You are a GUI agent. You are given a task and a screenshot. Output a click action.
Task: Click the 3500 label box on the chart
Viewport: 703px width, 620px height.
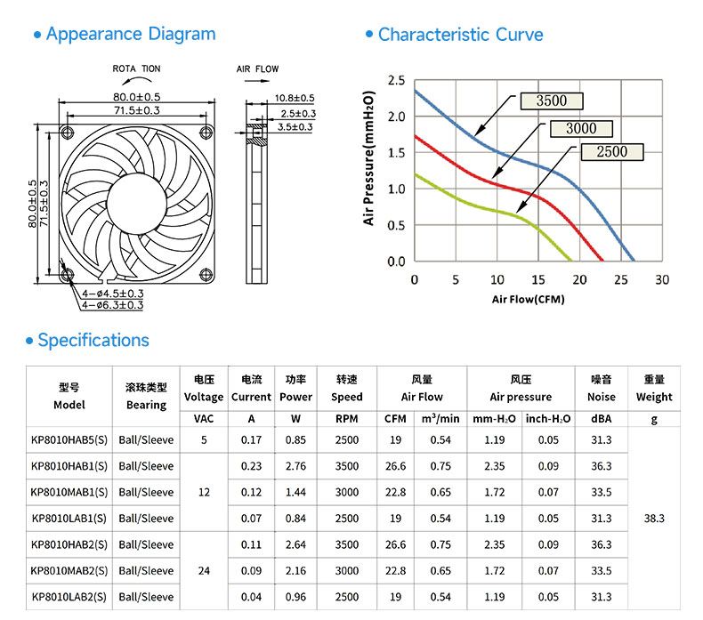tap(552, 101)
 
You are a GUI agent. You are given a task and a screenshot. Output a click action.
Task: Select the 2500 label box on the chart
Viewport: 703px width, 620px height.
tap(612, 151)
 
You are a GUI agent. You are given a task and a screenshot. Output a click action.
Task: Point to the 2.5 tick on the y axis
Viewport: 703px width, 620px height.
tap(396, 81)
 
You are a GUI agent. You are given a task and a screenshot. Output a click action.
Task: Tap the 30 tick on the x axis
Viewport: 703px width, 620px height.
tap(662, 279)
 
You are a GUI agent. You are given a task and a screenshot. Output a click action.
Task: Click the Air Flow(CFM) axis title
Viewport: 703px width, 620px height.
tap(529, 299)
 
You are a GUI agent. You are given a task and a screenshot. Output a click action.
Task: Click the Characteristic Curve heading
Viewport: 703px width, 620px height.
tap(460, 35)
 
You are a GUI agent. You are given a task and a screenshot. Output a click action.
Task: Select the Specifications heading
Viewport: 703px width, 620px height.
tap(93, 341)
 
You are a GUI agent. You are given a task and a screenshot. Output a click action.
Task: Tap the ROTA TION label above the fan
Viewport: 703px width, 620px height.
tap(136, 68)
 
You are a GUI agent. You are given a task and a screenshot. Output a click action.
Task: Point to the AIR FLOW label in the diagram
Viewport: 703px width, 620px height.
tap(257, 69)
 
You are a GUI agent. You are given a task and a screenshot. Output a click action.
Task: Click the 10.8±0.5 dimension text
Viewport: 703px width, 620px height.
tap(295, 98)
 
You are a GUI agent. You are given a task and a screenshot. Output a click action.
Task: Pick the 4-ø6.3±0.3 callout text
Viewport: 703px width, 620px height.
tap(112, 305)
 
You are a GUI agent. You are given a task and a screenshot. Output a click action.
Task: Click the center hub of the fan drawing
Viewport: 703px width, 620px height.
tap(137, 204)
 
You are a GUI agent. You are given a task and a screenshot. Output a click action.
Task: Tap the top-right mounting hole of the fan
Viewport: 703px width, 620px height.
tap(206, 132)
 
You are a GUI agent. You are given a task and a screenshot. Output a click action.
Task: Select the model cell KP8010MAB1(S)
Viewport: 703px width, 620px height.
tap(69, 492)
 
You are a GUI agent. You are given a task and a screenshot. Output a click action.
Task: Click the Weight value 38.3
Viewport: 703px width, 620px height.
tap(654, 519)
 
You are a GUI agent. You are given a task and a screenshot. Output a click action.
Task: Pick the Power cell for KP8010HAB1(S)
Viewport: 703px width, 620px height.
tap(295, 466)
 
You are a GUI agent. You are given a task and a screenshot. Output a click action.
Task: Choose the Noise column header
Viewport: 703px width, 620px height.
tap(602, 388)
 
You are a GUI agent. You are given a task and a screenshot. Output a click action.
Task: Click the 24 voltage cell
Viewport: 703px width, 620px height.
tap(204, 571)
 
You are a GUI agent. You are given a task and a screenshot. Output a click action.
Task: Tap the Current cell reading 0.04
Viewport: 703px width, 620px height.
tap(251, 597)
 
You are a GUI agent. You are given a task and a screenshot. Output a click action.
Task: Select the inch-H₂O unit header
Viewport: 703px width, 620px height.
tap(548, 419)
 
